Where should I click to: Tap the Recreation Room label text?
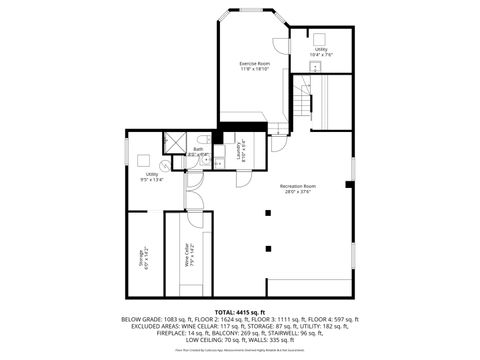tap(297, 185)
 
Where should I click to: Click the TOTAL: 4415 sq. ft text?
tap(239, 312)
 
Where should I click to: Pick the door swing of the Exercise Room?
tap(279, 126)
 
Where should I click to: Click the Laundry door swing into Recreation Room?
tap(244, 178)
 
